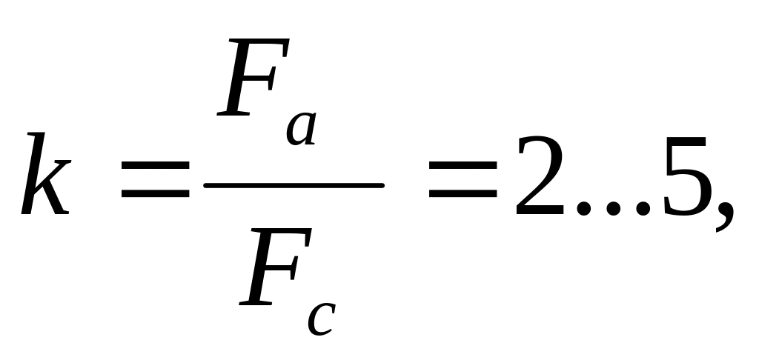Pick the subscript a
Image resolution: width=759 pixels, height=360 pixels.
click(301, 130)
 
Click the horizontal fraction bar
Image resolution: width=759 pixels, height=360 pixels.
click(294, 186)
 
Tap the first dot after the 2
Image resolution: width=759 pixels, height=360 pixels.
click(586, 210)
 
